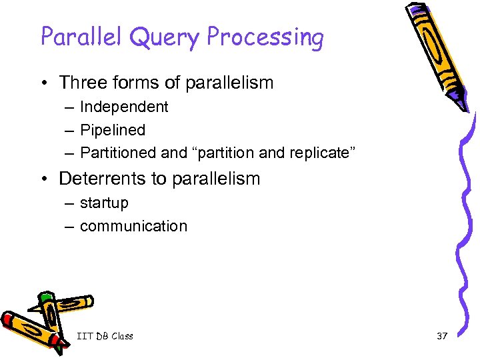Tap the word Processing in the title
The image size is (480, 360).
265,38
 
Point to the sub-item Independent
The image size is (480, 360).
124,107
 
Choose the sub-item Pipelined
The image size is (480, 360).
112,130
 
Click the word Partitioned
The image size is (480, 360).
118,153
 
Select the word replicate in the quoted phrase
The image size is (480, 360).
319,153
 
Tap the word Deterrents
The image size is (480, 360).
113,179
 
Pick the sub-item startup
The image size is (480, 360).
104,203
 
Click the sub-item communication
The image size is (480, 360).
133,226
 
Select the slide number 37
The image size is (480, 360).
441,336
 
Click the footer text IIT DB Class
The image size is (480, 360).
105,336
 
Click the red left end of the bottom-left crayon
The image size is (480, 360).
9,319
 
